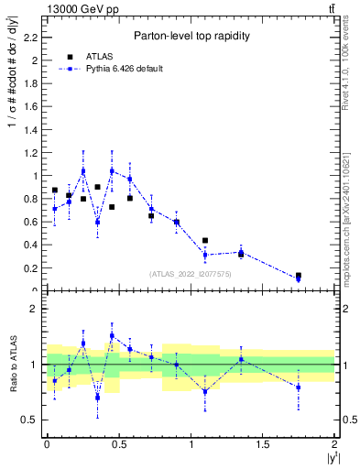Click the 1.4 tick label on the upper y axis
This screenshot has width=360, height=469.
point(33,130)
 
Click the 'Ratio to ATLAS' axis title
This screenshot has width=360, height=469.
point(12,365)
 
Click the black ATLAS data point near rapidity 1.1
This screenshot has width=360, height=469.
point(205,241)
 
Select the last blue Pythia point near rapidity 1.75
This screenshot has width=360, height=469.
point(299,279)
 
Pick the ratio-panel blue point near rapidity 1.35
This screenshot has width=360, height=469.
point(241,359)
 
